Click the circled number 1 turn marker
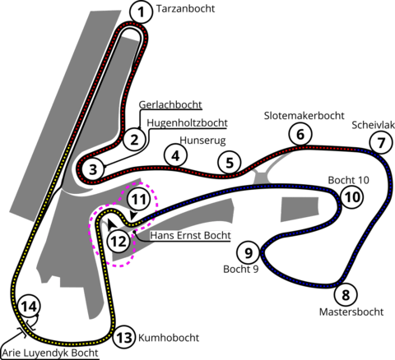click(141, 12)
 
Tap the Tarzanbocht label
click(185, 9)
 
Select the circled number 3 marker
click(93, 169)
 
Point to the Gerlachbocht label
click(170, 104)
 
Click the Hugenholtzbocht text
click(188, 123)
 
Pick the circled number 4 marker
click(175, 155)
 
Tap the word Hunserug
click(202, 141)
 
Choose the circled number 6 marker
click(300, 135)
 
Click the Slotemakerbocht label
click(304, 116)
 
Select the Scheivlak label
click(374, 125)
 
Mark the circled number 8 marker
click(346, 295)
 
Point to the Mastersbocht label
click(351, 312)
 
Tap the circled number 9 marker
click(249, 253)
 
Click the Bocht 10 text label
click(349, 180)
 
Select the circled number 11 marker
click(139, 200)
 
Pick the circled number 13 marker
click(125, 338)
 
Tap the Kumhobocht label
click(169, 338)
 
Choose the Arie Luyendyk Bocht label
click(50, 353)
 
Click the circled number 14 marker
click(29, 306)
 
